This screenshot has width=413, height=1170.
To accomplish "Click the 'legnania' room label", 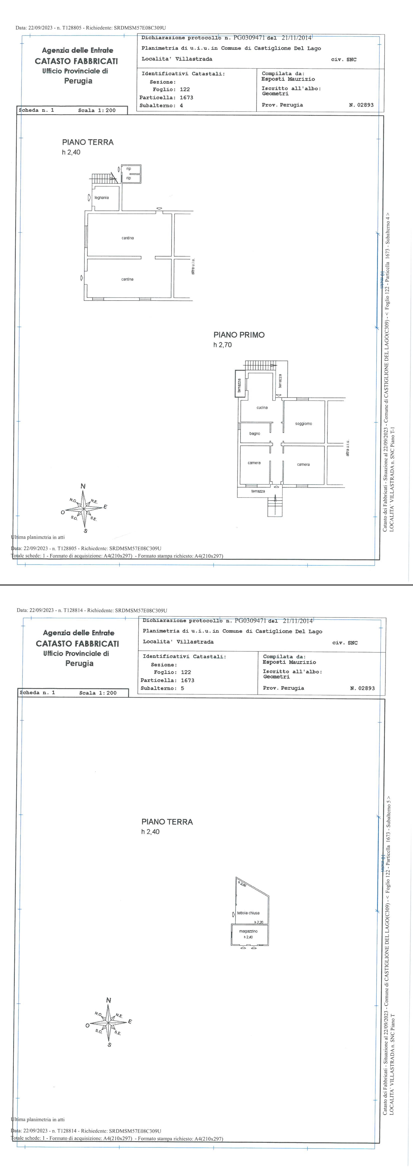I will click(x=102, y=198).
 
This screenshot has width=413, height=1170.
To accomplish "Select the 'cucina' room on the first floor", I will click(x=262, y=407).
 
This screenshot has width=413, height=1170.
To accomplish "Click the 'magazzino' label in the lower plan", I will click(x=248, y=931).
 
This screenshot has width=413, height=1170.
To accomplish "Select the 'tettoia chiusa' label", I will click(x=248, y=913).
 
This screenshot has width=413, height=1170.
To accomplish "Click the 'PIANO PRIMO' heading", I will click(x=239, y=335).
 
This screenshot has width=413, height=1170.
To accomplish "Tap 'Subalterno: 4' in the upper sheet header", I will click(x=162, y=105).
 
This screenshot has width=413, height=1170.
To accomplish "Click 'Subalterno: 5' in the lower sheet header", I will click(x=163, y=688).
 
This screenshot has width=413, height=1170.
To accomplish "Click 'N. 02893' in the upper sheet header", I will click(x=361, y=105).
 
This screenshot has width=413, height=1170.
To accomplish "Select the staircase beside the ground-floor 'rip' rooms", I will click(x=103, y=178).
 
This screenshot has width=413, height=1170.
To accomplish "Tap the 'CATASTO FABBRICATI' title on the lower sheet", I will click(x=77, y=644).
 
